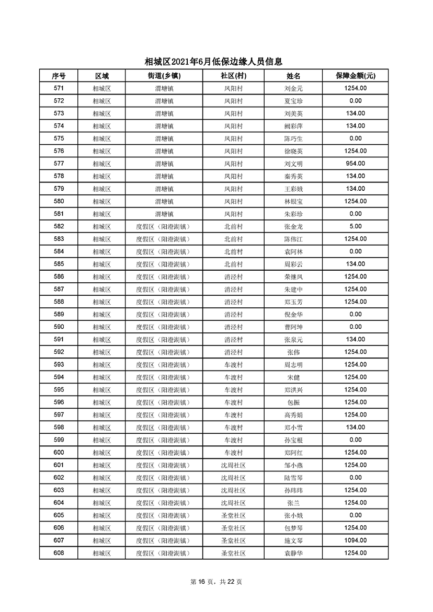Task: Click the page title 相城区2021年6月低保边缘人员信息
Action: click(x=216, y=62)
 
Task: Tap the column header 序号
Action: click(x=59, y=76)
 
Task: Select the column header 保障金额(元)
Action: click(x=355, y=76)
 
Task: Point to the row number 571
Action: click(x=59, y=88)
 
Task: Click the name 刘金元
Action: click(x=293, y=88)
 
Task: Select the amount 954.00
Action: click(x=355, y=164)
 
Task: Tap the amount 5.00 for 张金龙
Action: click(x=355, y=226)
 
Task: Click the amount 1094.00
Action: click(x=355, y=540)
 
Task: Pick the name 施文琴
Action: click(x=293, y=540)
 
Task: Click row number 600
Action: click(x=59, y=453)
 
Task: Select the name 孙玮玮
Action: click(x=293, y=490)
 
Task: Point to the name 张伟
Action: click(x=293, y=352)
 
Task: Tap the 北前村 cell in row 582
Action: click(x=233, y=226)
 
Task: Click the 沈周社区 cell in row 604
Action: click(x=233, y=503)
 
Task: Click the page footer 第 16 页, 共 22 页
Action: click(x=216, y=582)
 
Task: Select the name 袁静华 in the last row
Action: click(x=293, y=553)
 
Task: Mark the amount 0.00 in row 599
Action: click(x=355, y=440)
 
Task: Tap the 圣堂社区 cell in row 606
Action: click(x=233, y=528)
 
